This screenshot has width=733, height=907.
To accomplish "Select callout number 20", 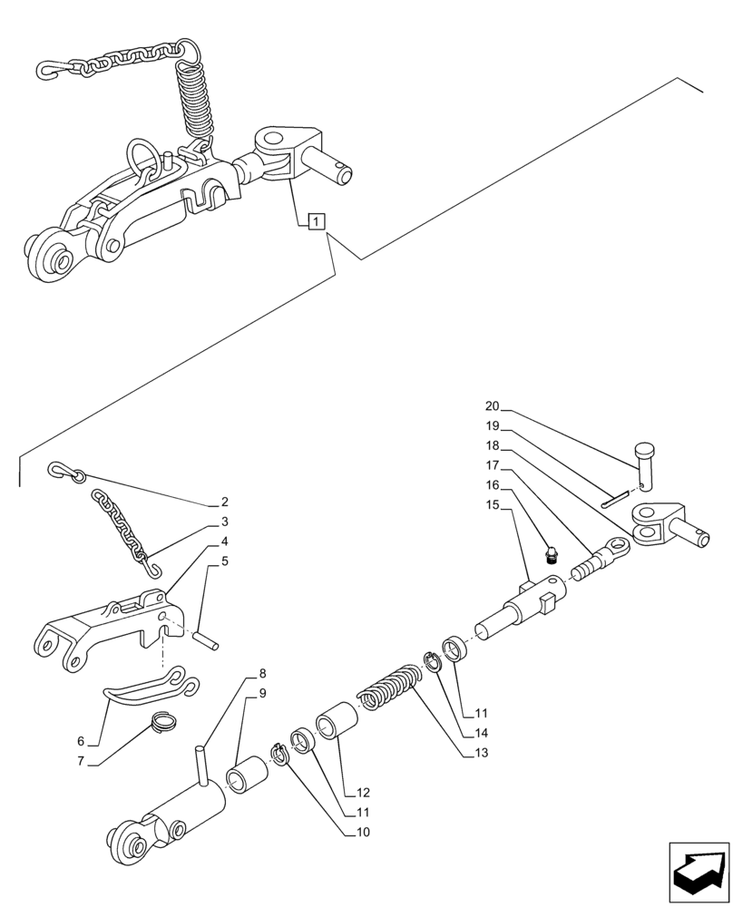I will (x=493, y=407).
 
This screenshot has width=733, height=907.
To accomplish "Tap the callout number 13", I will (x=479, y=751).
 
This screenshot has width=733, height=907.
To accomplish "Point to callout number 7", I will (x=81, y=761).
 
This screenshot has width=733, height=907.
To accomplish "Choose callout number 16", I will (x=493, y=486).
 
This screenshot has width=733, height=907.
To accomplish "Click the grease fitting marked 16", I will (x=550, y=555).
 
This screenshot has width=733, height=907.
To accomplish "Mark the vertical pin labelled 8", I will (x=202, y=761).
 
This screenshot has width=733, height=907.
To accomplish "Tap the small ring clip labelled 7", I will (x=164, y=722).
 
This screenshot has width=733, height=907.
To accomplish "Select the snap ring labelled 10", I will (x=280, y=752).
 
